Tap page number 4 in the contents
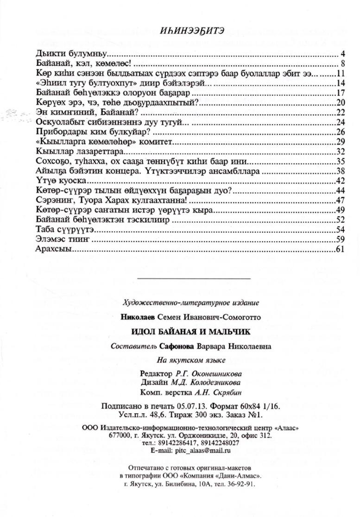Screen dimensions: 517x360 (342, 52)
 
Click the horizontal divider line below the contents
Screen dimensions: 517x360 (195, 278)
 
